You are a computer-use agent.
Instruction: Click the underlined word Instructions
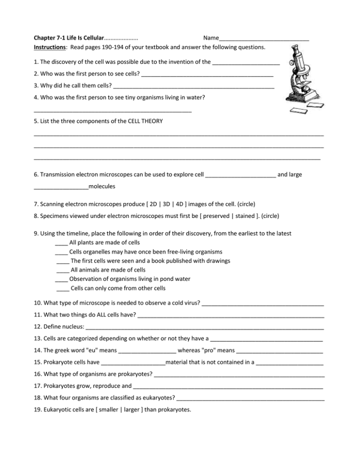click(x=49, y=47)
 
